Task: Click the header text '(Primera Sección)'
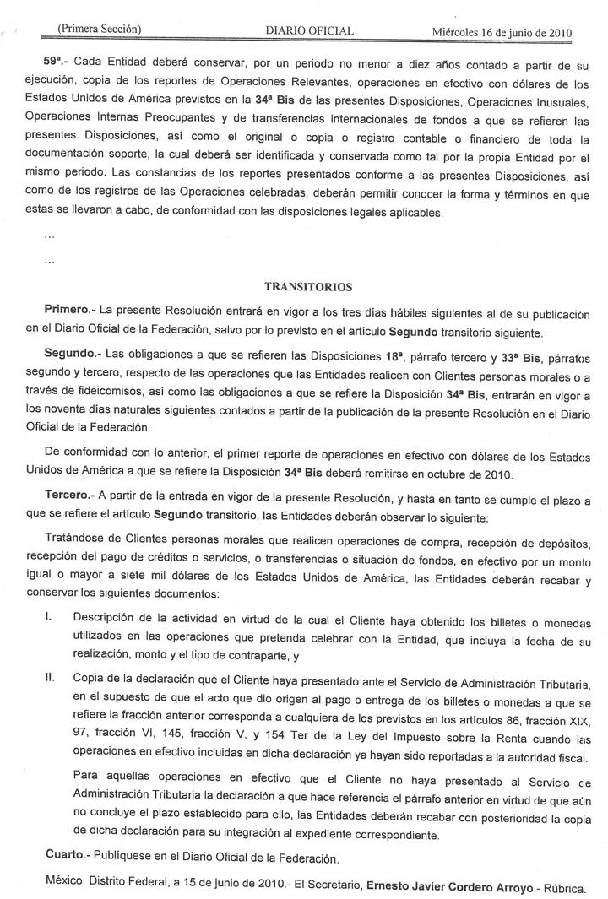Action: coord(98,30)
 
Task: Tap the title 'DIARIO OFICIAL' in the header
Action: coord(309,31)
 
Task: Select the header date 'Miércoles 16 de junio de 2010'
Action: coord(502,33)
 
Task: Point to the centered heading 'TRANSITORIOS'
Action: coord(308,286)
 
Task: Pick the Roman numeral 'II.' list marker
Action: coord(50,677)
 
